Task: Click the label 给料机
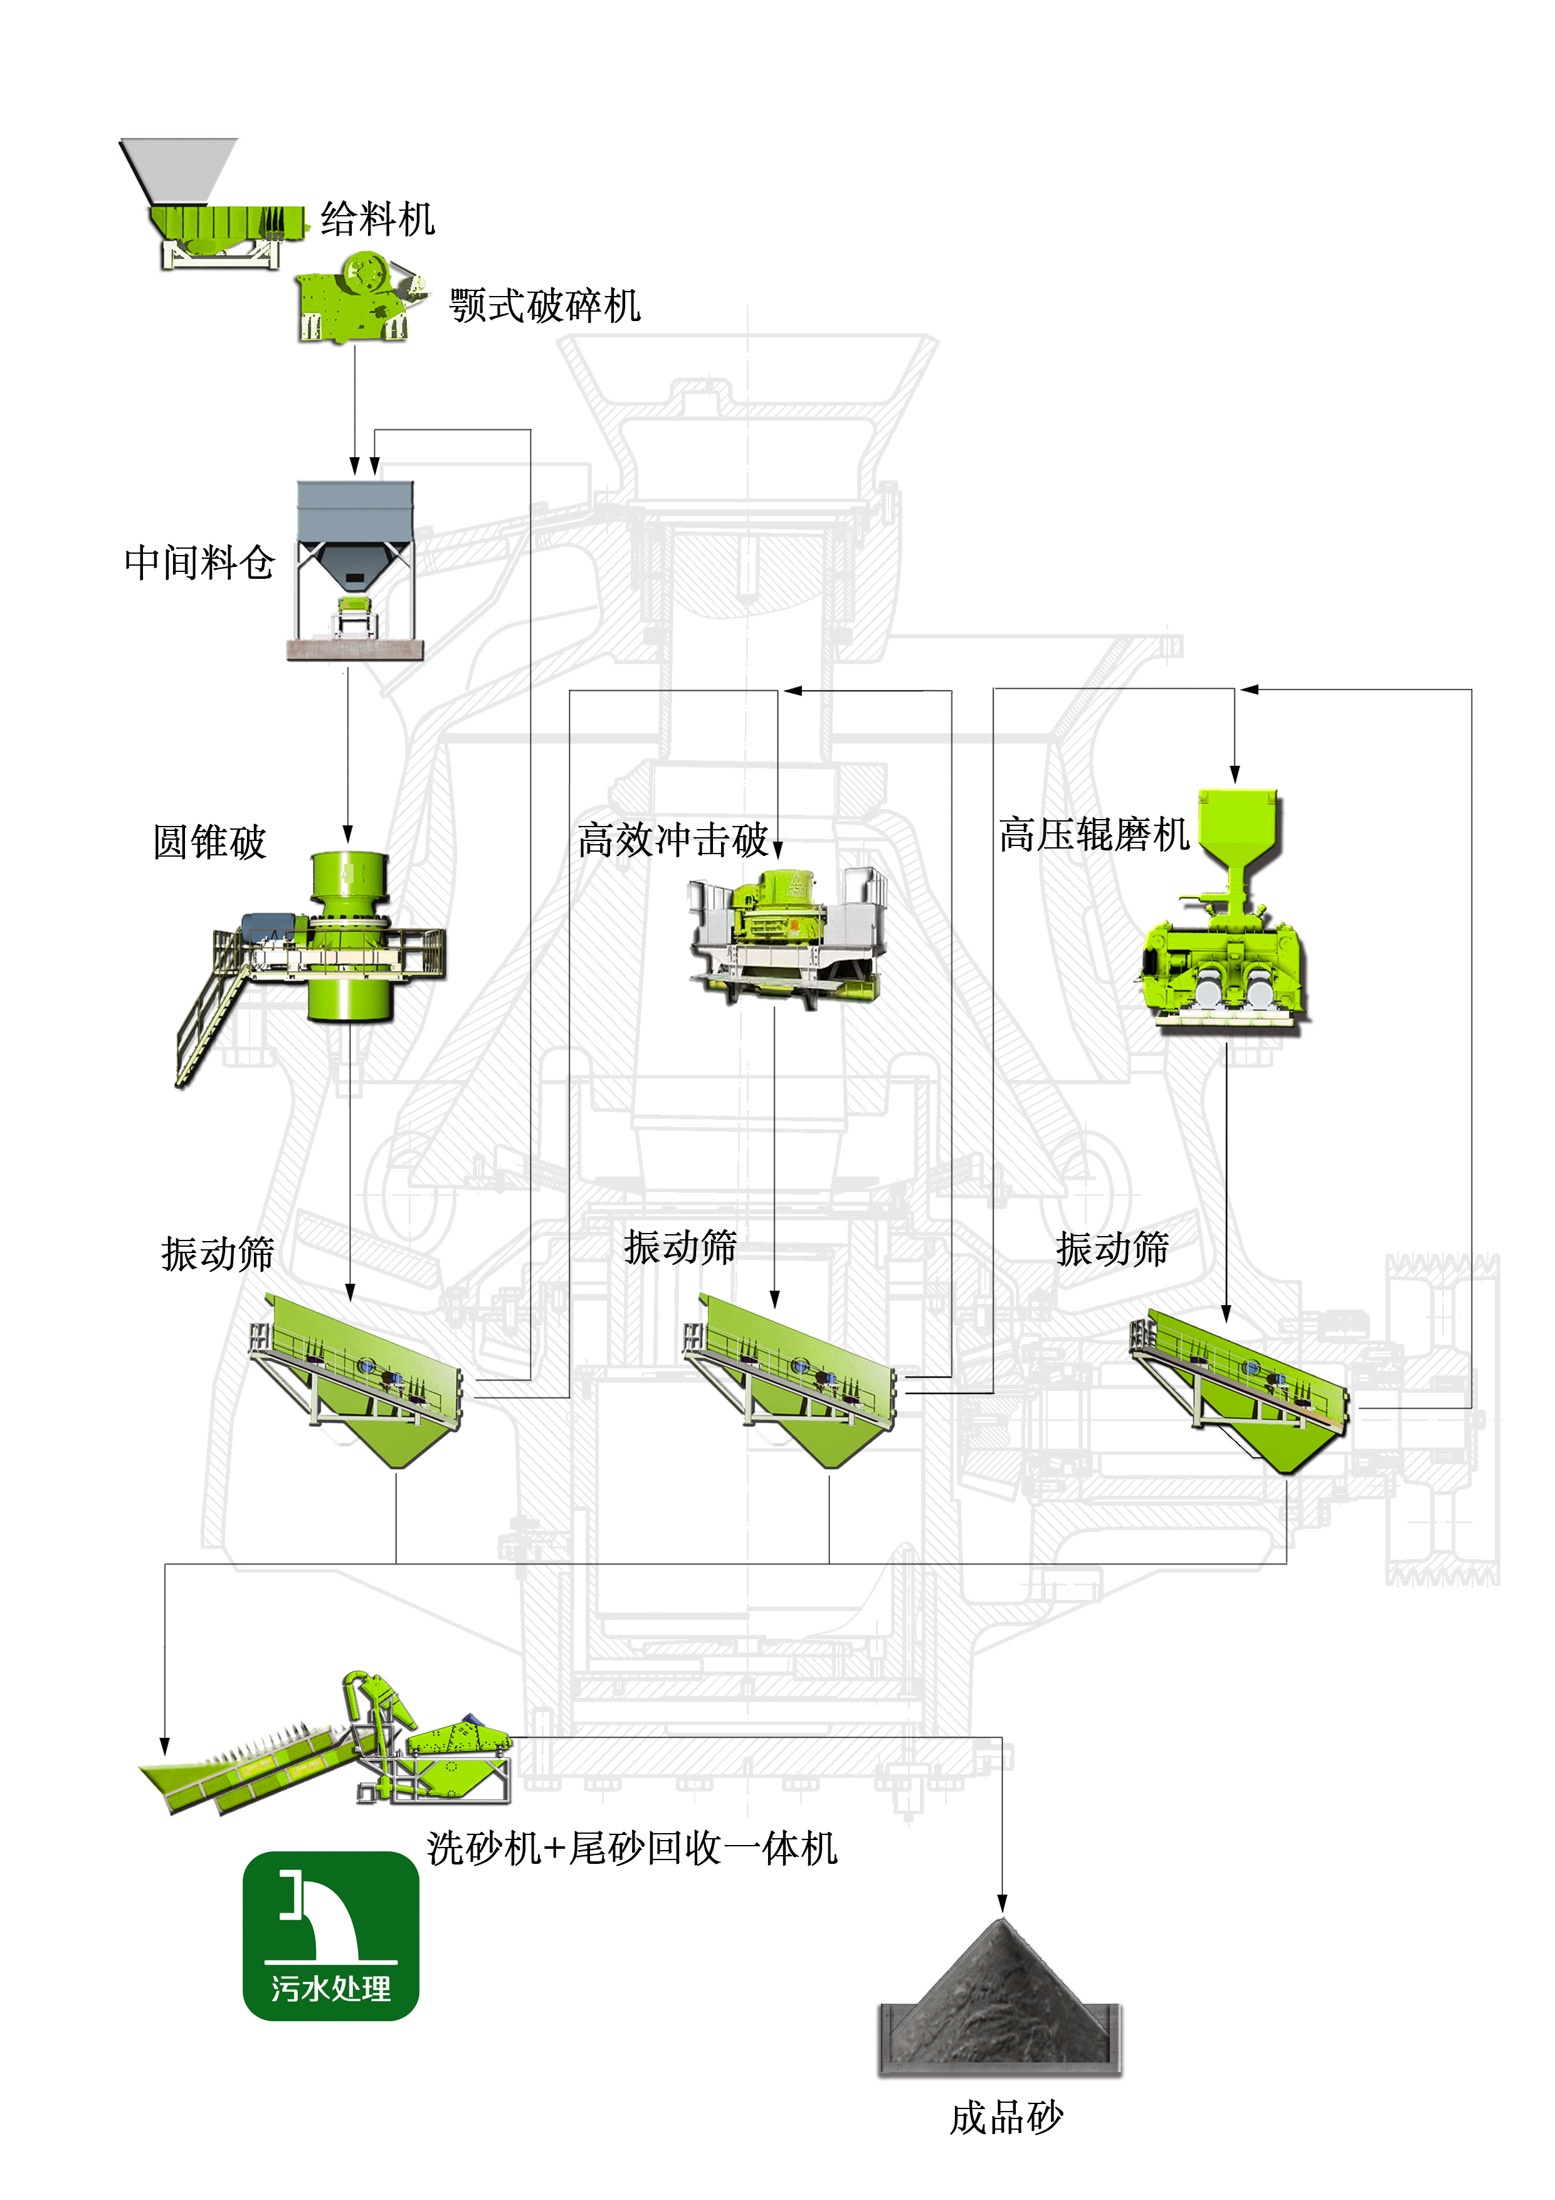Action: click(377, 219)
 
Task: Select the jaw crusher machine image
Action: click(356, 298)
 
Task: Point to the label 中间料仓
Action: click(199, 563)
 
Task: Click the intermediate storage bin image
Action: click(354, 570)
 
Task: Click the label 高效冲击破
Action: click(673, 840)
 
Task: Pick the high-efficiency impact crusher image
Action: click(784, 934)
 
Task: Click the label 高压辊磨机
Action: click(1093, 835)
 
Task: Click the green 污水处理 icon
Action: click(330, 1935)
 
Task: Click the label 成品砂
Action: click(1006, 2118)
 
